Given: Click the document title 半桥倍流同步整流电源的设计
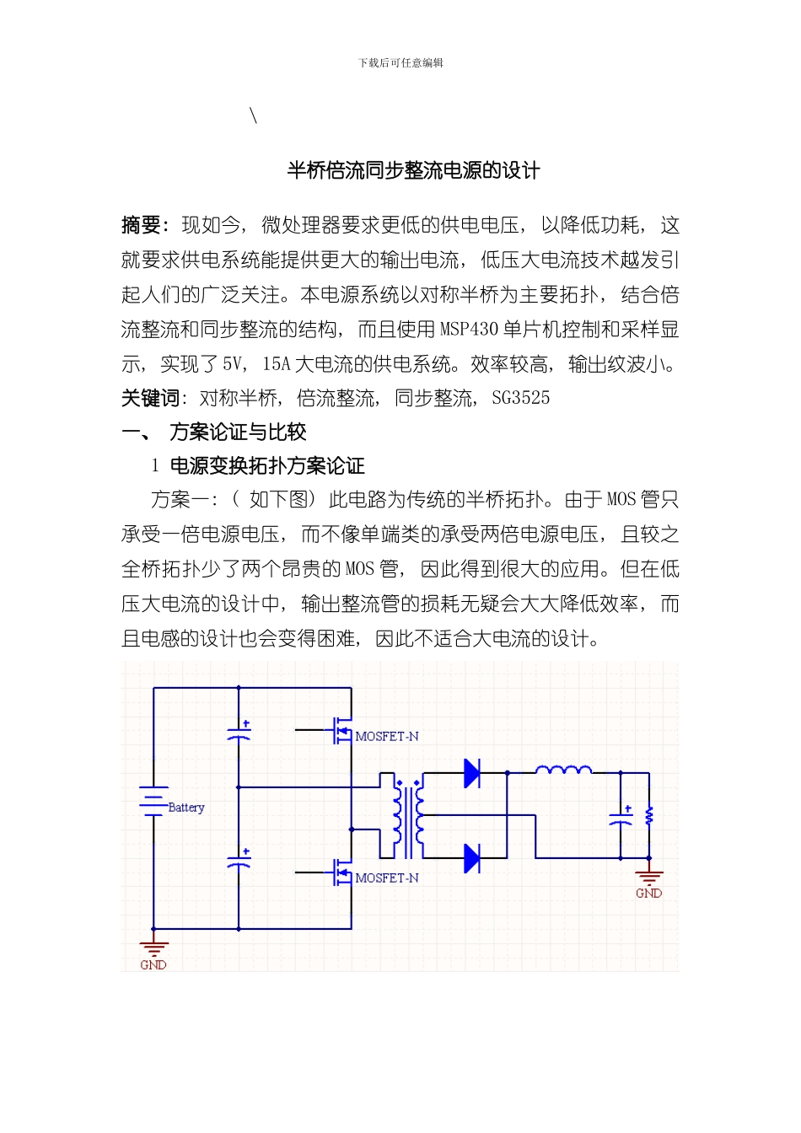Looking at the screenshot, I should click(413, 170).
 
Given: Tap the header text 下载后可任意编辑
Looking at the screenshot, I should click(400, 63).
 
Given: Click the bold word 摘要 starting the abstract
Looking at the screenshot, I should click(142, 225).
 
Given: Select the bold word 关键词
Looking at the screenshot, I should click(150, 398).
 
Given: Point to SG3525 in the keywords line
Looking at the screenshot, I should click(520, 398).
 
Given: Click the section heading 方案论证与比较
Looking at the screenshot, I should click(238, 432).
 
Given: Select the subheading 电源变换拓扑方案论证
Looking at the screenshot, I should click(267, 466).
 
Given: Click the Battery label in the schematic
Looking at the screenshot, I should click(186, 808).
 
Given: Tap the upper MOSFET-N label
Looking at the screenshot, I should click(387, 737).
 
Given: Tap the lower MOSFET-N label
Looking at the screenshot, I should click(387, 878).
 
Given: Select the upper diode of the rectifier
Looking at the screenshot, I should click(472, 772).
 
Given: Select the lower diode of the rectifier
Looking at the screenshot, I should click(472, 858).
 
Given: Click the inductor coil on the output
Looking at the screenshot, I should click(563, 769).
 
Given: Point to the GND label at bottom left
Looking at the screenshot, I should click(153, 965).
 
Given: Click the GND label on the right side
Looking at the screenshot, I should click(648, 894).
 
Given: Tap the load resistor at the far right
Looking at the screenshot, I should click(648, 816).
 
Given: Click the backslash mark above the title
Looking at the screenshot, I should click(254, 115).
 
